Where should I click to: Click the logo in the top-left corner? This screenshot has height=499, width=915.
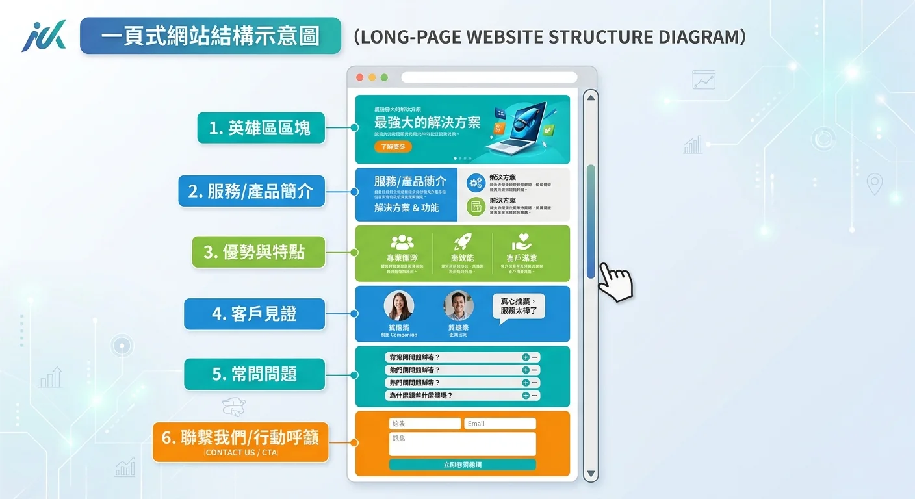click(x=44, y=36)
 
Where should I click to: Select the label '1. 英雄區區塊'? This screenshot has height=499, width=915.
click(x=261, y=128)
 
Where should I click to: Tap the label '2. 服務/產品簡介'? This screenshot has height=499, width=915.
click(x=251, y=191)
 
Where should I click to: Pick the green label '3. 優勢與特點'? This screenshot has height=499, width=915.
click(x=258, y=252)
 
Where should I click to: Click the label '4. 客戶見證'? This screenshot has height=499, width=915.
click(x=254, y=314)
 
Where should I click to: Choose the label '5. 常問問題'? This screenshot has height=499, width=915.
click(x=254, y=374)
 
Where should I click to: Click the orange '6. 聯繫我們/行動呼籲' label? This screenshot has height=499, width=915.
click(x=240, y=442)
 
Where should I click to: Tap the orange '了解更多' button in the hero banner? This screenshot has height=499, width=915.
click(x=393, y=147)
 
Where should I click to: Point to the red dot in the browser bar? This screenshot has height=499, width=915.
click(x=360, y=77)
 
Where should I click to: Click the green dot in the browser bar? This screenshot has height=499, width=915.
click(x=384, y=77)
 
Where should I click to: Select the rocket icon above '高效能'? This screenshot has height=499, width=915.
click(x=462, y=242)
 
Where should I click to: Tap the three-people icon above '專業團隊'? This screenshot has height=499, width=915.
click(x=402, y=242)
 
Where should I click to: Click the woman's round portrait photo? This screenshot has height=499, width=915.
click(x=399, y=306)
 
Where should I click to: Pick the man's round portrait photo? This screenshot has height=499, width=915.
click(x=458, y=306)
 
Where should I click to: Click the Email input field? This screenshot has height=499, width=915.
click(x=500, y=424)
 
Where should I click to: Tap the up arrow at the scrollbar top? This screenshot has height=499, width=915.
click(x=590, y=98)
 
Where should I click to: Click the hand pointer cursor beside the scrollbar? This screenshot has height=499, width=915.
click(x=614, y=282)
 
